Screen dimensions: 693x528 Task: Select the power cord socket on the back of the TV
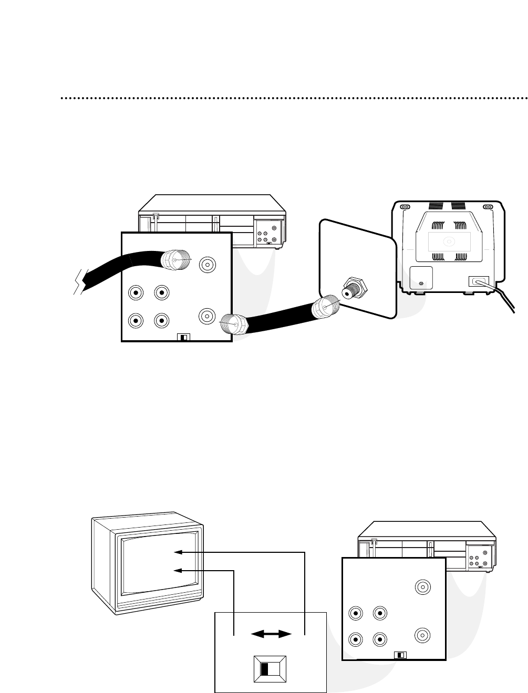tap(478, 281)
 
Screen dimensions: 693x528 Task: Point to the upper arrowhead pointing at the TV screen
tap(179, 552)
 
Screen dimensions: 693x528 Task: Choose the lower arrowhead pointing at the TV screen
tap(179, 571)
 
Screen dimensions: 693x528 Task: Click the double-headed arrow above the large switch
tap(271, 634)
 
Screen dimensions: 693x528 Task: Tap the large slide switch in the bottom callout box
tap(270, 668)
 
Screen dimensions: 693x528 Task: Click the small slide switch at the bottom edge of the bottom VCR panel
tap(400, 655)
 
